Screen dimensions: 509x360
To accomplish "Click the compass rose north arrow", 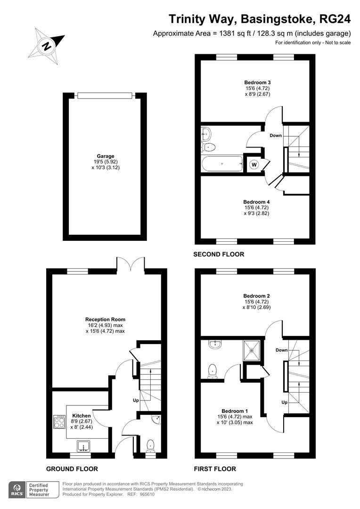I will [x=48, y=46].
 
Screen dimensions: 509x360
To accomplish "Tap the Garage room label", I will [x=106, y=156].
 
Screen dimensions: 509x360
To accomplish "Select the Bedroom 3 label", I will [x=257, y=82].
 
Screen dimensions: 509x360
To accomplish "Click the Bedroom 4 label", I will [x=257, y=201].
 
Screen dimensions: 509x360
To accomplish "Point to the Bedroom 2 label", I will [x=257, y=296].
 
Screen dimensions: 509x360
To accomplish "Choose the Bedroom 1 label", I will [x=235, y=411].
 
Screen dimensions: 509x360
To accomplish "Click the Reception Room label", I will [x=106, y=320].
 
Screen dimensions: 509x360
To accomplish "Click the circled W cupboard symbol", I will [x=254, y=164].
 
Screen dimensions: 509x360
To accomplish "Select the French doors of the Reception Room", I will [x=130, y=263].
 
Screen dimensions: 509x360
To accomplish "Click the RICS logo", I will [x=17, y=490].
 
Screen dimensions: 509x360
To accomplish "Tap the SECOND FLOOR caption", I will [x=219, y=254].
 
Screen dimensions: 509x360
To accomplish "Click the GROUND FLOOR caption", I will [x=72, y=469].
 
